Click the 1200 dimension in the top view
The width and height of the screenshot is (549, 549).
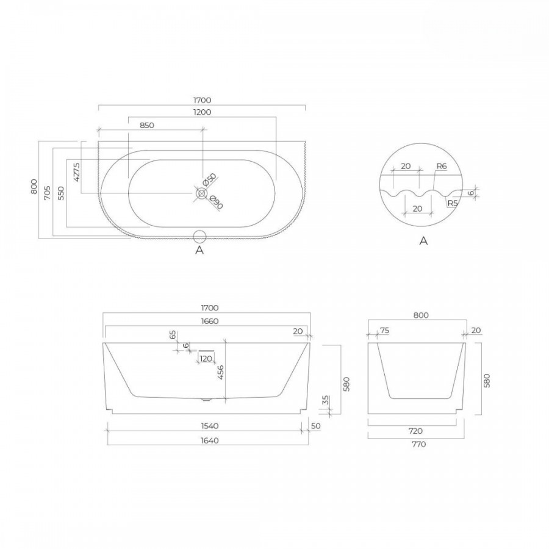tap(203, 112)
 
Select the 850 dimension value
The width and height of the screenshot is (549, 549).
tap(147, 125)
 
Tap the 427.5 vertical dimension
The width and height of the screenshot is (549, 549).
tap(77, 171)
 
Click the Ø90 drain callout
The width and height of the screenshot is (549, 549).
tap(217, 203)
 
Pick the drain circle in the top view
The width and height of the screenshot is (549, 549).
tap(202, 193)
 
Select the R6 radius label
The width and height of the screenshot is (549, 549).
tap(442, 166)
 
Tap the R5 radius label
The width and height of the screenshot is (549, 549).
tap(453, 203)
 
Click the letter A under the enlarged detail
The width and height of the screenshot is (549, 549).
tap(424, 241)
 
